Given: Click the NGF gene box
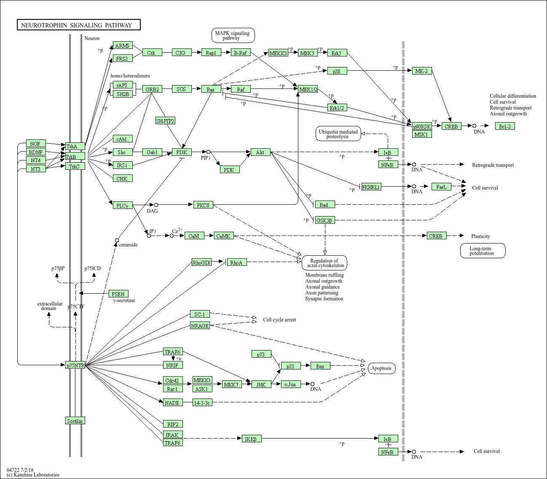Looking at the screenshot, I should (36, 144).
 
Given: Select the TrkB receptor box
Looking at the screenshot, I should (75, 156).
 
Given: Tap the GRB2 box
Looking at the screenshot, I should (152, 89).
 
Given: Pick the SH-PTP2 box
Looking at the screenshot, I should (165, 121).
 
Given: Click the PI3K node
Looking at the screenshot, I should (182, 152).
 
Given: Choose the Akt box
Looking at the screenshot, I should (260, 152).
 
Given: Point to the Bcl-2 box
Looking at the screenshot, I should (505, 126).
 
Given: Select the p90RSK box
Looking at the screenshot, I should (422, 126).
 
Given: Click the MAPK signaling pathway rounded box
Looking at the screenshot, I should (233, 35).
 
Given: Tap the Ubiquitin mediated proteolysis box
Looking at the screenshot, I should (338, 134).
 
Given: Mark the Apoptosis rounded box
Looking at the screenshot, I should (382, 368).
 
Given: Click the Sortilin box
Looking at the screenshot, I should (75, 421).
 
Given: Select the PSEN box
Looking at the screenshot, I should (118, 294).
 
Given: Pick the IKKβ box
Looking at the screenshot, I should (252, 439).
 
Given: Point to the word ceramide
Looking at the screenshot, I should (128, 245).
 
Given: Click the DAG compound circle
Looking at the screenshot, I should (156, 205).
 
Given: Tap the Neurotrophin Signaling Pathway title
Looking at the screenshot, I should (78, 25).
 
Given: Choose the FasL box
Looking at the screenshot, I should (441, 187).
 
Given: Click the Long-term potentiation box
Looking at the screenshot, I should (483, 251).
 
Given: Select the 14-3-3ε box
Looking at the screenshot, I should (202, 403).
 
